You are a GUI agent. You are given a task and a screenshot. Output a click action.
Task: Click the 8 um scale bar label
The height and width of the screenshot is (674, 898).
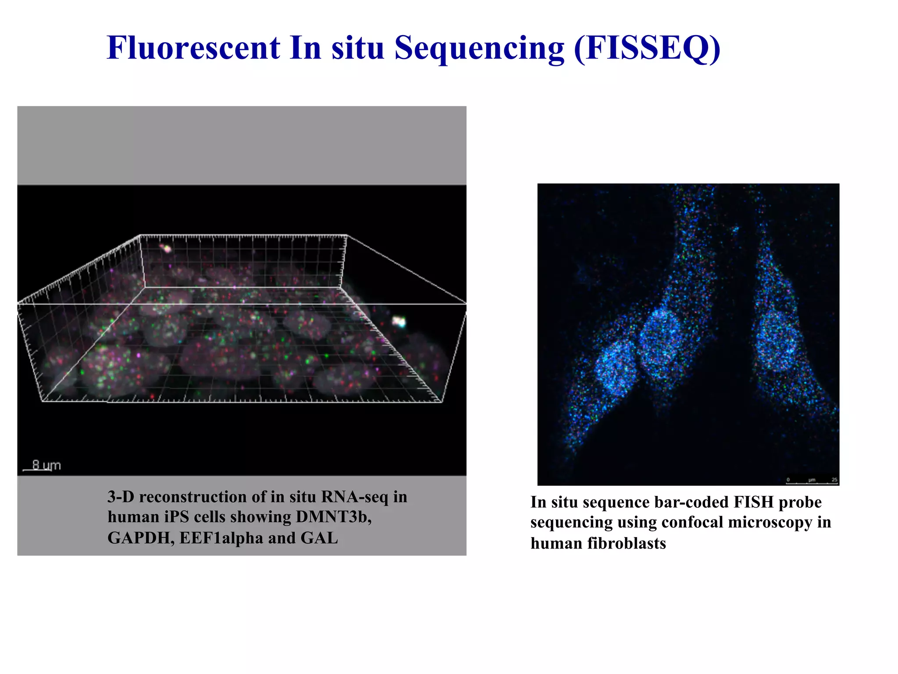tap(46, 465)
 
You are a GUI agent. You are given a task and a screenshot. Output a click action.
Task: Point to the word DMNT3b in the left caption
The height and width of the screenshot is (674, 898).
tap(333, 517)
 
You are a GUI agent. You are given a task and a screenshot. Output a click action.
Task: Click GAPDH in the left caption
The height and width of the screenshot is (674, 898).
tap(141, 538)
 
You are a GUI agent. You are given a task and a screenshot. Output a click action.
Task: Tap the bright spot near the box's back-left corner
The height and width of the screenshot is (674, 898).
tap(166, 248)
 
